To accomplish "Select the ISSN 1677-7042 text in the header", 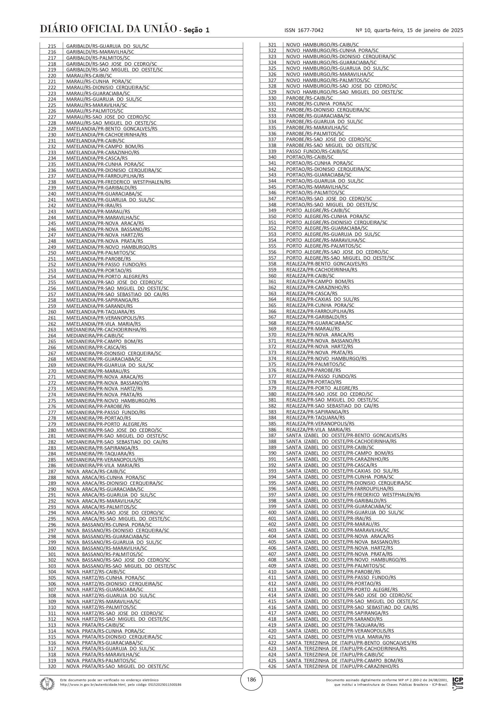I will click(304, 30).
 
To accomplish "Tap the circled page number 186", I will click(251, 680).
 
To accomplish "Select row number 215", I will click(52, 46).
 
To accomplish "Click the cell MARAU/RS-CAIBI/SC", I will click(89, 76).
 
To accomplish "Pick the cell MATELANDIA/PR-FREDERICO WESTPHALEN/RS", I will click(118, 182).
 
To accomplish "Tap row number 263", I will click(52, 330).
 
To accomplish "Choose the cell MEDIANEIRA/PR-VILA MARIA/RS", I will click(103, 465).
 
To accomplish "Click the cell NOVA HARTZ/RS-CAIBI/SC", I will click(96, 572).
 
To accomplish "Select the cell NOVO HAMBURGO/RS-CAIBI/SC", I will click(322, 45).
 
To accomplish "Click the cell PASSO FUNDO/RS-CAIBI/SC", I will click(317, 151).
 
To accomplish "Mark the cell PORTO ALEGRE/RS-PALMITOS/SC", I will click(323, 246).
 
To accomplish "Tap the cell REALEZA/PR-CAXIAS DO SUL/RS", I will click(323, 299).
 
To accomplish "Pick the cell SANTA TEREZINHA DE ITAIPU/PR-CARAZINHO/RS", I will click(342, 666).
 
